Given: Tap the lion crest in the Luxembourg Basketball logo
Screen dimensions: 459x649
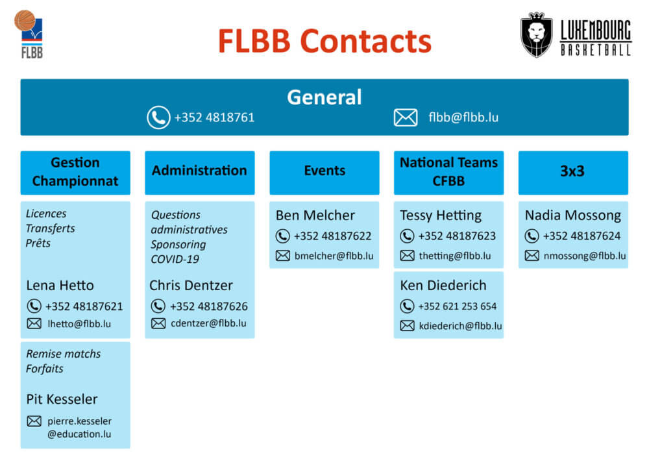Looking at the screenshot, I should (537, 36).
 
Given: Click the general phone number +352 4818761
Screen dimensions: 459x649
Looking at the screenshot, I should (214, 118).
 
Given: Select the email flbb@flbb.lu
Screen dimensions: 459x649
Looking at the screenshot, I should (463, 118).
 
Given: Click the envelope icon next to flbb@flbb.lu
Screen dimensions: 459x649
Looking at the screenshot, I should (406, 118).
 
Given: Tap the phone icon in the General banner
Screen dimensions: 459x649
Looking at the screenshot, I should (158, 118).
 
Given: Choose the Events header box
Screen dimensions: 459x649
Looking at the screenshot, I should (324, 171).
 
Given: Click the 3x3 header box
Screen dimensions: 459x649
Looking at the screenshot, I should (573, 171).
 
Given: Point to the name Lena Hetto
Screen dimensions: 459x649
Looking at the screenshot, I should (60, 285).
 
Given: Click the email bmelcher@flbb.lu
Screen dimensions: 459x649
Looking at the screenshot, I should (334, 256).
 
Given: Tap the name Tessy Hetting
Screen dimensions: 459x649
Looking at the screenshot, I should (441, 216).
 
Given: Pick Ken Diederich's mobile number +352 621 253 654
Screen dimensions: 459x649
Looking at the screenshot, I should (458, 306).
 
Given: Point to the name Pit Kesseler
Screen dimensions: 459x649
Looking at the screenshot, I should (62, 399).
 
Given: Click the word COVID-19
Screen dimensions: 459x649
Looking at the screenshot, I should (175, 259).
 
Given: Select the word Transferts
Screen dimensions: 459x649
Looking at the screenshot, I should (50, 228).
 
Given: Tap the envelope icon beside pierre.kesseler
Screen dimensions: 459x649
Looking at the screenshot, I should (34, 421).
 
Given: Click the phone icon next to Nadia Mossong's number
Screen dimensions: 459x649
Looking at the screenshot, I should (532, 236).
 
